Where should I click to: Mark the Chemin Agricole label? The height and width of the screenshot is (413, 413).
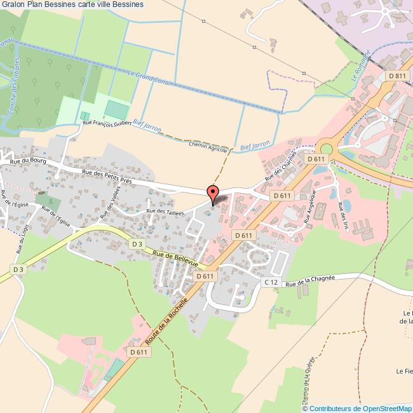click(x=208, y=145)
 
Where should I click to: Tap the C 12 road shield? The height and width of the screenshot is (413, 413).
click(x=271, y=281)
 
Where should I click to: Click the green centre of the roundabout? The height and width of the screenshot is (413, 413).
click(x=326, y=149)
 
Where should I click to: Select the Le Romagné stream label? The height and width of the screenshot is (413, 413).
click(x=359, y=71)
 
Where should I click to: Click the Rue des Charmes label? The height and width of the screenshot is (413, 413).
click(x=281, y=165)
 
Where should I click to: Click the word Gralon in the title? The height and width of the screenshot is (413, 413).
click(x=12, y=4)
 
